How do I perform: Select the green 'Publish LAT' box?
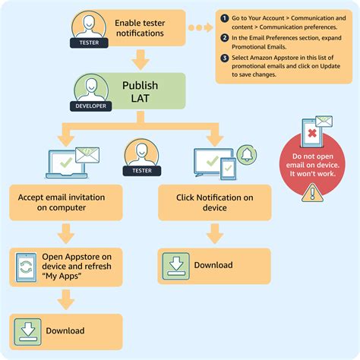[141, 92]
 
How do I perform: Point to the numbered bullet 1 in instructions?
[225, 17]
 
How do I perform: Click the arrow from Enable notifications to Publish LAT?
[141, 58]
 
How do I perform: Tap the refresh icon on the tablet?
[26, 267]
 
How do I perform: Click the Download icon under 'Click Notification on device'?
[174, 264]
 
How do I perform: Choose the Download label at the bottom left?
[65, 330]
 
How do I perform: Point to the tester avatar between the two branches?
[141, 153]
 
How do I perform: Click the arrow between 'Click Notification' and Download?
[216, 233]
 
